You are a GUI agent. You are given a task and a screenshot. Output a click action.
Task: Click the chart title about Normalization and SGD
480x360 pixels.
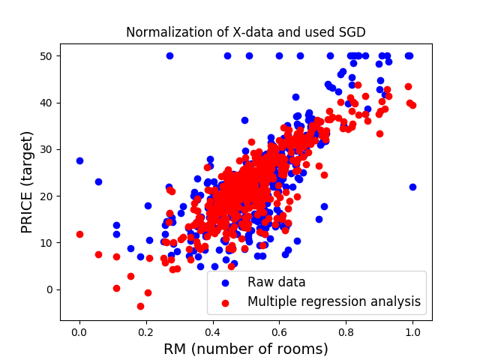point(246,32)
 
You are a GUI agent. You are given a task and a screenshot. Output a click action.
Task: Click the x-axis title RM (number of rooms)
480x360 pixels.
point(246,349)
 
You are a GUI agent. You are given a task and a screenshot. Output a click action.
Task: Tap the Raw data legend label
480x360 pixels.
point(279,283)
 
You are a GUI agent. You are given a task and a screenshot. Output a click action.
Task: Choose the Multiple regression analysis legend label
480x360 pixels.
point(334,302)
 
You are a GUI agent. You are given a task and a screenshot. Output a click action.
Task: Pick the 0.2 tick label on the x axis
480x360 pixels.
point(146,330)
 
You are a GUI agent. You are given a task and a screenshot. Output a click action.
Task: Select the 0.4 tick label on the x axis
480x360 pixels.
point(213,330)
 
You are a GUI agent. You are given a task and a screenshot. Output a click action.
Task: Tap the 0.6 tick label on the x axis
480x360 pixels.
point(279,330)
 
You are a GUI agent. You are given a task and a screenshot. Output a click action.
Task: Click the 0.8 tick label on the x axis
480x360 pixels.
point(346,330)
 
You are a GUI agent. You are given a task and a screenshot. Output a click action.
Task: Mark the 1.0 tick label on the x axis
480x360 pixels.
point(412,330)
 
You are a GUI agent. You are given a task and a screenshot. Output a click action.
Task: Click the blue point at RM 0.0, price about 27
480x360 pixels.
point(79,160)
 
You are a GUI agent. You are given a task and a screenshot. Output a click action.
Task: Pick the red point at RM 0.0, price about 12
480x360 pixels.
point(79,234)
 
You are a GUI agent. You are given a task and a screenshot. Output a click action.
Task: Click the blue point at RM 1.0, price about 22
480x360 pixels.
point(412,187)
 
